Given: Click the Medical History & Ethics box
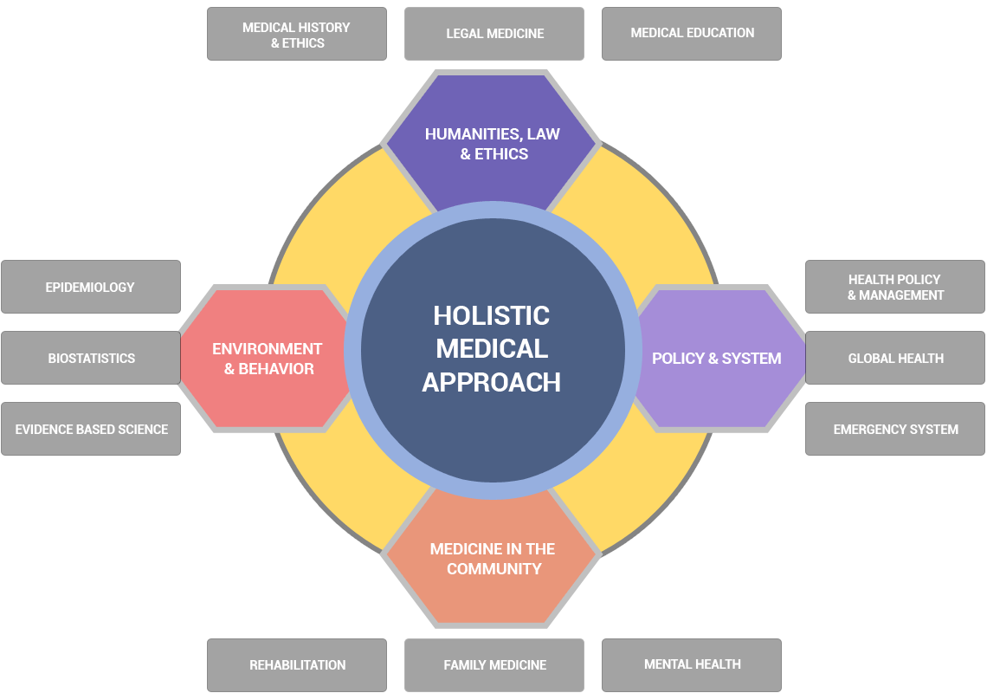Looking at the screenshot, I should [296, 35].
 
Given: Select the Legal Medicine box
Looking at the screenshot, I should [494, 35].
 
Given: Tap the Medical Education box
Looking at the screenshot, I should [692, 34].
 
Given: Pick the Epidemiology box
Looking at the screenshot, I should [91, 287].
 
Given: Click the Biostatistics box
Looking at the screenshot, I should [91, 358].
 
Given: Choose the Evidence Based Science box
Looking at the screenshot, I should [91, 429].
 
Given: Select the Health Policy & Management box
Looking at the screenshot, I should [895, 287].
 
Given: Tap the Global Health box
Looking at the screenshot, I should [895, 358].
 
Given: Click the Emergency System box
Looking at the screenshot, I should [895, 429].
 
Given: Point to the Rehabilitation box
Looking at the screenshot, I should [297, 665].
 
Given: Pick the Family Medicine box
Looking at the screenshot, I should [494, 665].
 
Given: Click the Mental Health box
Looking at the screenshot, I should [692, 664].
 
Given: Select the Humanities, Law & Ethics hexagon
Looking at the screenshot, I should [492, 144].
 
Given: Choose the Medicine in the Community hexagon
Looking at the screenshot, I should [492, 560].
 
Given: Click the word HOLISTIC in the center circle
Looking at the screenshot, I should [492, 315].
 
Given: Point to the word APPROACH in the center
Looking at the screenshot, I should [492, 382].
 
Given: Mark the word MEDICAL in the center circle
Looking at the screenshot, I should [492, 348].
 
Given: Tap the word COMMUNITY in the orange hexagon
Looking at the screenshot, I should [494, 569].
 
